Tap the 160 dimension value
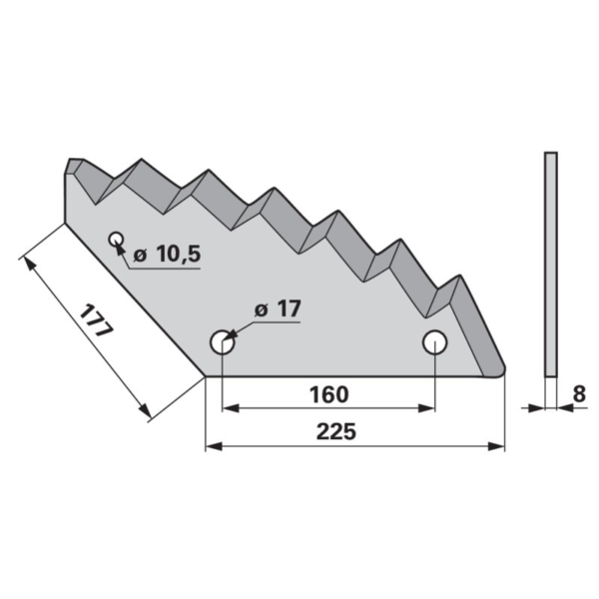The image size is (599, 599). (x=328, y=394)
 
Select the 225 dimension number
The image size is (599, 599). (x=336, y=431)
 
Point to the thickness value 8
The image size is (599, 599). (x=579, y=394)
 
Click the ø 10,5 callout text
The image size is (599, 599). (x=167, y=254)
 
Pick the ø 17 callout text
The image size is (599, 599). (x=278, y=308)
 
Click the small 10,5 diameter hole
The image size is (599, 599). (x=116, y=240)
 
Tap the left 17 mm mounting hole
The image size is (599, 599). (x=222, y=341)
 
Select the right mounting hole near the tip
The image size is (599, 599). (x=434, y=341)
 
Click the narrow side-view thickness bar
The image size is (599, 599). (x=550, y=265)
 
